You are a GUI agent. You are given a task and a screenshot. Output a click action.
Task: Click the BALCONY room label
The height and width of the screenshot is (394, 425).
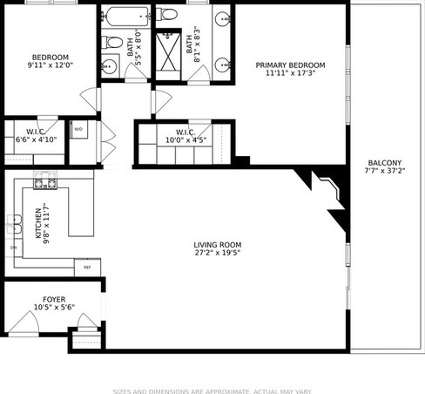point(384,163)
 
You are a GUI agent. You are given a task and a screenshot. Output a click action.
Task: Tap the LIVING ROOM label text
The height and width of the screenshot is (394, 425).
point(218,245)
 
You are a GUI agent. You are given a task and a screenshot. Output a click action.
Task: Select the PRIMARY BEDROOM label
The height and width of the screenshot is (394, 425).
point(290,65)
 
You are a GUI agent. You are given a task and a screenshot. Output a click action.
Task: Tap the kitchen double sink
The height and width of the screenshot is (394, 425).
point(14,223)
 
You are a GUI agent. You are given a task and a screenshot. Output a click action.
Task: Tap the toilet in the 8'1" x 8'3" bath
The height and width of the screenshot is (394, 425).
point(168,14)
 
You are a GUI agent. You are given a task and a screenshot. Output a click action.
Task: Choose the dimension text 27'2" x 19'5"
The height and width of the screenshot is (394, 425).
point(218,255)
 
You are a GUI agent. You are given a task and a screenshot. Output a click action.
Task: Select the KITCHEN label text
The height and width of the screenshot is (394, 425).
point(37,222)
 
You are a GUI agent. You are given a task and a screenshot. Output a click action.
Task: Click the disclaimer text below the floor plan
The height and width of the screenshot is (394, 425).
point(212,391)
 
